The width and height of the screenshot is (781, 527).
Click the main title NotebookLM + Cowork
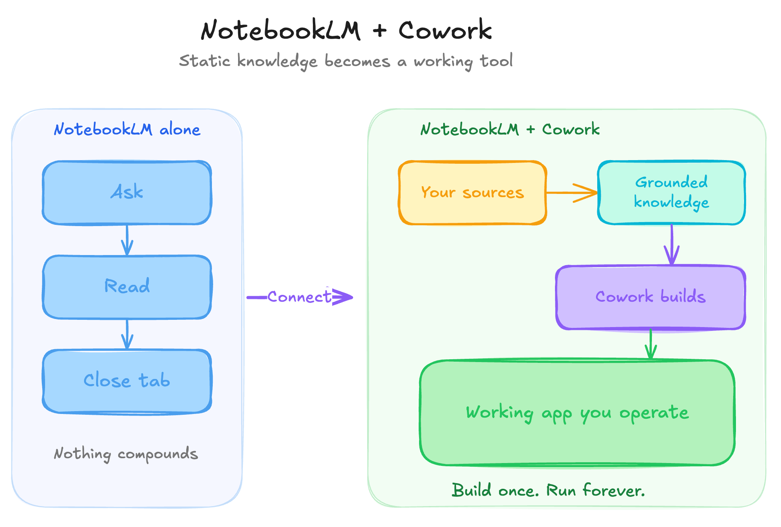point(346,31)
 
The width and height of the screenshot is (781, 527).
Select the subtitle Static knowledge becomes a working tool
point(346,61)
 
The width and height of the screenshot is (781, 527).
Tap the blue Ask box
point(127,192)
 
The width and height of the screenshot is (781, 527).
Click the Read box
point(127,287)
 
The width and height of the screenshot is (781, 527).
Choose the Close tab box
point(127,381)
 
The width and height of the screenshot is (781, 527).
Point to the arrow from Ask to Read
point(127,240)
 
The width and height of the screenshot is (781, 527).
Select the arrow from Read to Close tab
point(127,334)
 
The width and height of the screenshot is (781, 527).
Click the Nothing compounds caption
point(126,454)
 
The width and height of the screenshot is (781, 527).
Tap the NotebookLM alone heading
point(127,130)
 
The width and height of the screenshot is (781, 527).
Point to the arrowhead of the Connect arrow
point(344,297)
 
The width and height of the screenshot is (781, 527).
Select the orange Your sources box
point(473,193)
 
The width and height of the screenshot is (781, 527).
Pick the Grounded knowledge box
point(672,193)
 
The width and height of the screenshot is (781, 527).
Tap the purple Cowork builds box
point(651,297)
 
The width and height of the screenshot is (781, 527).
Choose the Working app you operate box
point(578,413)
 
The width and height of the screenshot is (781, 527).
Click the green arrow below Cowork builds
point(651,345)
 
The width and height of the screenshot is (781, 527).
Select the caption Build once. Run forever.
point(548,491)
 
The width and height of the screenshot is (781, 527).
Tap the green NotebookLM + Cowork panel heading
point(510,130)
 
